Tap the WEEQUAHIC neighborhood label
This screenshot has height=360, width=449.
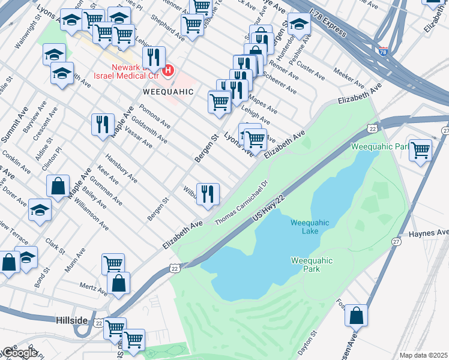pos(168,92)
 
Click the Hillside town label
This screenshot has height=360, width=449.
pos(71,321)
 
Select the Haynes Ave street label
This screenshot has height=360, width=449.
pos(429,232)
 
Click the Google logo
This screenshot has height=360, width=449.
pos(19,353)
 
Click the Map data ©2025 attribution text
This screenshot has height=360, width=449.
pos(424,355)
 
